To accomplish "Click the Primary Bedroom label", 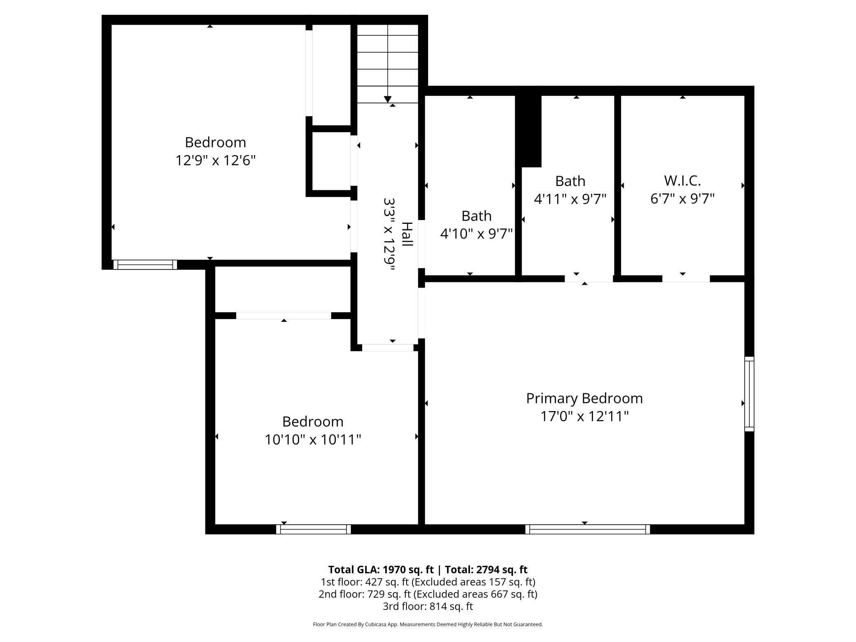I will (x=584, y=398).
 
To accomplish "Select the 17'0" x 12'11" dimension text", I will (x=584, y=416).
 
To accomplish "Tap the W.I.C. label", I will (x=682, y=181).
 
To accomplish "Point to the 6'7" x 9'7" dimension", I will (x=682, y=199).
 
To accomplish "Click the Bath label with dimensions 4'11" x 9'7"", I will (x=570, y=181).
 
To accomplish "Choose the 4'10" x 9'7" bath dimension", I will (x=476, y=234).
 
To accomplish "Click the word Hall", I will (x=407, y=234).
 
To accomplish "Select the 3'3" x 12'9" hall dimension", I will (x=389, y=234).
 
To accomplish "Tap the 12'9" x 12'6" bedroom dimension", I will (x=215, y=160).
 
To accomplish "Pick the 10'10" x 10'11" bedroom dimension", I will (x=312, y=440).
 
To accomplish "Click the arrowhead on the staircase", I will (x=387, y=99).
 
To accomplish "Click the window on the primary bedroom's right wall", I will (x=749, y=394).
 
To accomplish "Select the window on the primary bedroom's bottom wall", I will (x=587, y=529).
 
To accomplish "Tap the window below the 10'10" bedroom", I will (x=313, y=529).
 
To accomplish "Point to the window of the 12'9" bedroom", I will (x=145, y=265).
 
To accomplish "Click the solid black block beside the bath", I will (x=530, y=131).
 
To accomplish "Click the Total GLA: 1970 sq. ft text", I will (x=381, y=570).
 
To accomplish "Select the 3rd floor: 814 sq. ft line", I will (x=428, y=606).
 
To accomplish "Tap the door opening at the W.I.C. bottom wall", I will (x=686, y=279).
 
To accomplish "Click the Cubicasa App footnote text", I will (x=428, y=624).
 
